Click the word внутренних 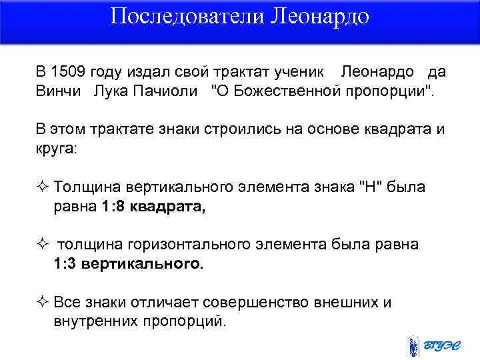(95, 321)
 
